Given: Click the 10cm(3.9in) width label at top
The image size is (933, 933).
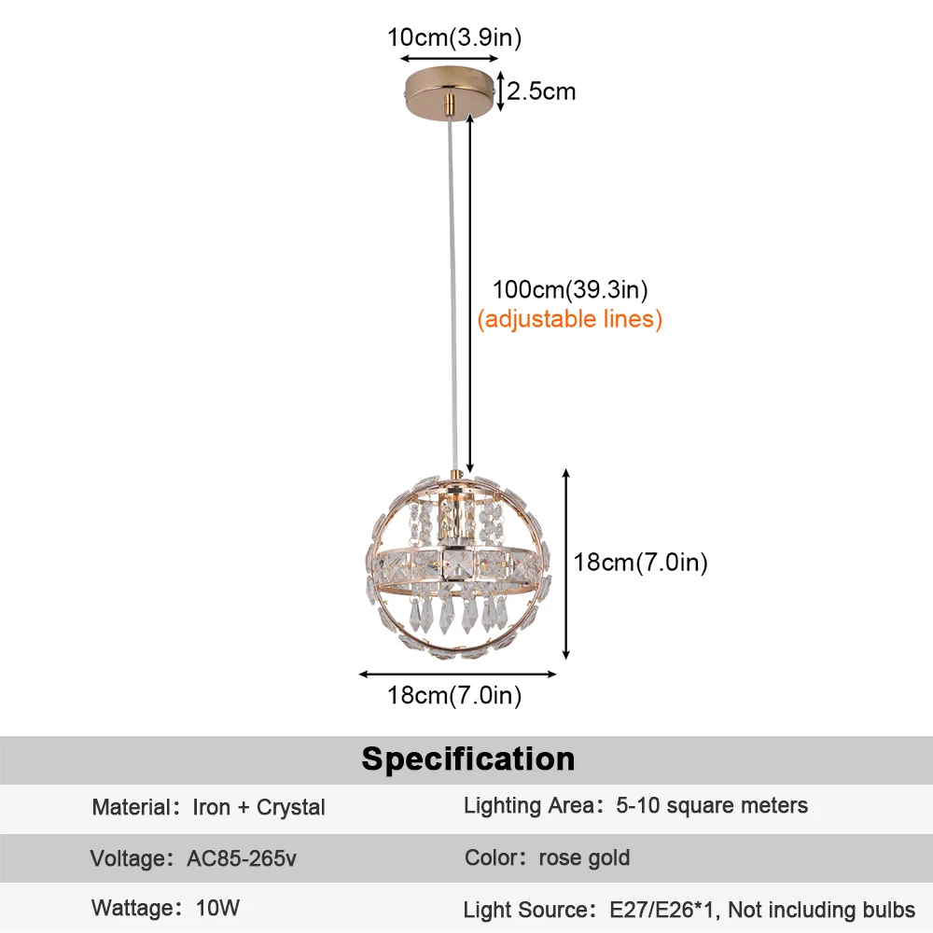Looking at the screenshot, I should (454, 37).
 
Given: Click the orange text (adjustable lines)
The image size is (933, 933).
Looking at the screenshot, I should (569, 319).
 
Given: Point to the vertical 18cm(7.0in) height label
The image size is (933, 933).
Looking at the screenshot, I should (641, 563).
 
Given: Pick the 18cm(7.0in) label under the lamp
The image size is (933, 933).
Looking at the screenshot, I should (454, 695).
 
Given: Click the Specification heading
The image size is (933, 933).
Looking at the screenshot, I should (468, 759).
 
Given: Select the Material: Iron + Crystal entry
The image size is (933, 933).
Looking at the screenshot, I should (208, 807).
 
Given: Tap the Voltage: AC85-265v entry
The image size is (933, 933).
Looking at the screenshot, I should (193, 858).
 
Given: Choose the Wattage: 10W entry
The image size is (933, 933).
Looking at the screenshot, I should (165, 908).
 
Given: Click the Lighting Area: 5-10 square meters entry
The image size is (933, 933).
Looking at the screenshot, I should (635, 805).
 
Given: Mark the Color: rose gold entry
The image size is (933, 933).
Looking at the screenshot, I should (547, 857).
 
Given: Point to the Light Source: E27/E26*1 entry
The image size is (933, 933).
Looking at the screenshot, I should (689, 909).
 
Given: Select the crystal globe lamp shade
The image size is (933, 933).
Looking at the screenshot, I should (457, 565).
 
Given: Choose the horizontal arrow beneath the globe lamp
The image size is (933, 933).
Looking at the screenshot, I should (457, 674).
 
